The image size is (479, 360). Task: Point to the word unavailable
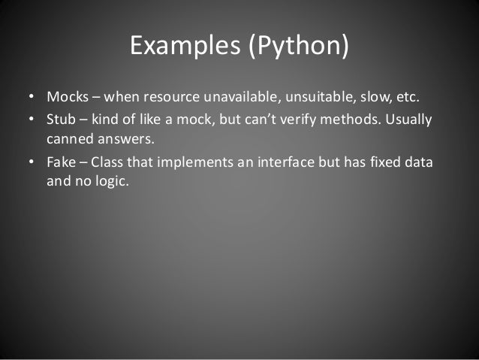233,98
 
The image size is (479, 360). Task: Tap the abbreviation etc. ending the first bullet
402,98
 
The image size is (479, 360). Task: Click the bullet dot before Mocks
31,99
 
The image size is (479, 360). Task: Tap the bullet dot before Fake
31,163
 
